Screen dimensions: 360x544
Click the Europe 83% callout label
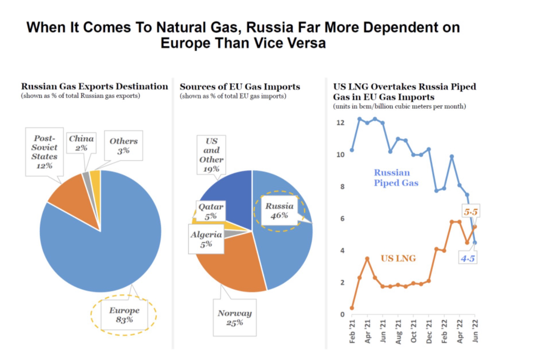click(124, 315)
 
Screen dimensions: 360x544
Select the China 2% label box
click(81, 143)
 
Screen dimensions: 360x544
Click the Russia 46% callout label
click(279, 210)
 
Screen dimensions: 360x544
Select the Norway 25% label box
click(235, 318)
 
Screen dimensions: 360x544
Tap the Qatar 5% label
click(211, 211)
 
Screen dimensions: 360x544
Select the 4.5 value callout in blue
click(468, 258)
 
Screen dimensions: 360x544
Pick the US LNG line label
click(398, 258)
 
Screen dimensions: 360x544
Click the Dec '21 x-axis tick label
click(429, 334)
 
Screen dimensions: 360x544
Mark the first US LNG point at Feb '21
click(352, 308)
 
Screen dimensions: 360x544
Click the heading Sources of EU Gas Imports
click(240, 87)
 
